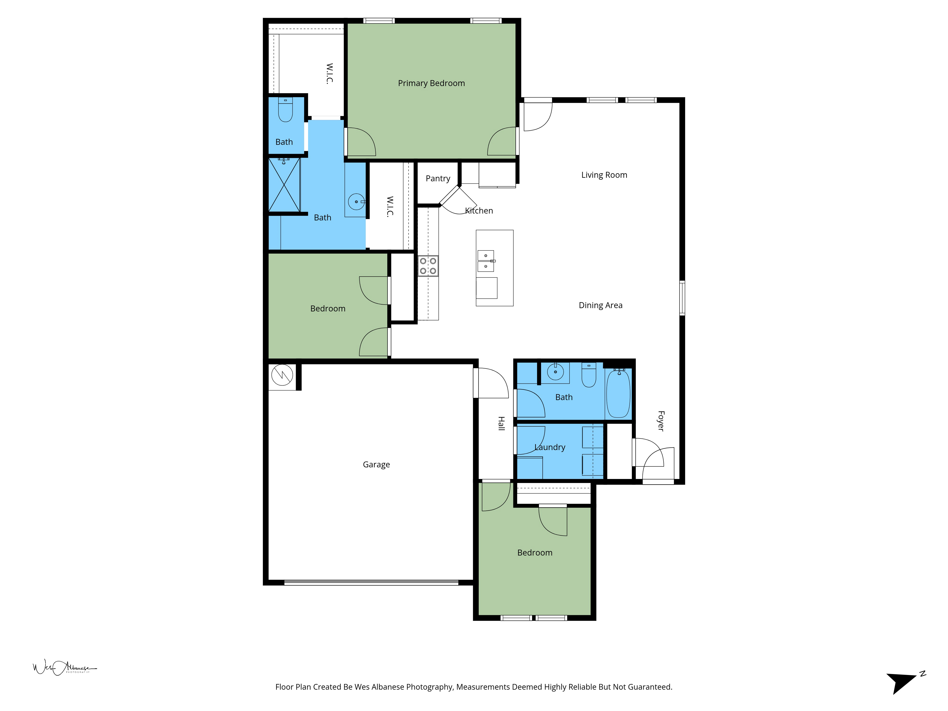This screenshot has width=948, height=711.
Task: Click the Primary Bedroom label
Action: pyautogui.click(x=431, y=83)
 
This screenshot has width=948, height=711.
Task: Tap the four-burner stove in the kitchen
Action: pyautogui.click(x=428, y=266)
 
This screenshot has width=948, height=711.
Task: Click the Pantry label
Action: pyautogui.click(x=438, y=178)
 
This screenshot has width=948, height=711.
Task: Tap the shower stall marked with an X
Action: pyautogui.click(x=284, y=185)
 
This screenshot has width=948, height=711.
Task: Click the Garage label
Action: pyautogui.click(x=376, y=465)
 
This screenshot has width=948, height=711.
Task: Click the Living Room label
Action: pyautogui.click(x=604, y=175)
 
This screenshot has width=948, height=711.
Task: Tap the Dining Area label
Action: pyautogui.click(x=600, y=305)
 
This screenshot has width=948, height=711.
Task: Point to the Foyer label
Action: pyautogui.click(x=661, y=421)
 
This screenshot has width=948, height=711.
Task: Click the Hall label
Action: pyautogui.click(x=501, y=424)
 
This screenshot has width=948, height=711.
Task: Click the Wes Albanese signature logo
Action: pyautogui.click(x=64, y=668)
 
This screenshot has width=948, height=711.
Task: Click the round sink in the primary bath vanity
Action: pyautogui.click(x=356, y=201)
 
